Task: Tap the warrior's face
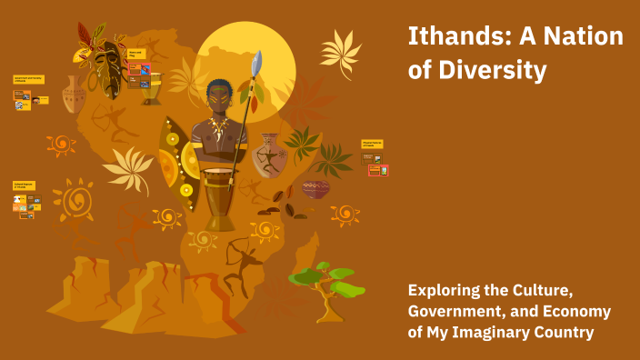[x=219, y=96]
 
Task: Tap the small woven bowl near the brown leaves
[x=315, y=189]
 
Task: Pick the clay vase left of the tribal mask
[x=74, y=95]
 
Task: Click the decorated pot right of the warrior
[x=269, y=155]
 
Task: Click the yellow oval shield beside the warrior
[x=178, y=164]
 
